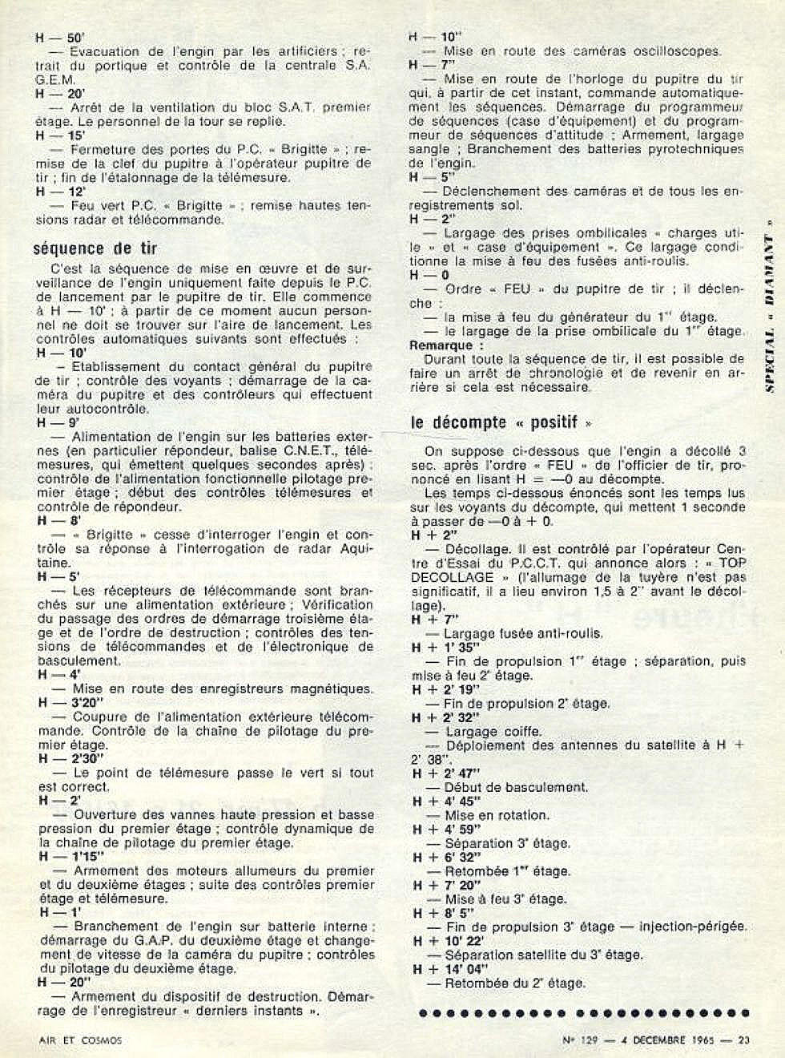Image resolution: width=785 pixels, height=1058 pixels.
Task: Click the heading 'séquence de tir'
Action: click(x=95, y=249)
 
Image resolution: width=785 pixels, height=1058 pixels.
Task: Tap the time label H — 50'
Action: click(x=60, y=37)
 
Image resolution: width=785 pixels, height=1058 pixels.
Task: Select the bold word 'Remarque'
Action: click(x=441, y=345)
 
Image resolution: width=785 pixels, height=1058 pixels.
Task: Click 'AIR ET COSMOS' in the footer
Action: click(x=80, y=1041)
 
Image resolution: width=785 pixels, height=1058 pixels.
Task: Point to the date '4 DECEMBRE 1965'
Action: click(x=668, y=1041)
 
